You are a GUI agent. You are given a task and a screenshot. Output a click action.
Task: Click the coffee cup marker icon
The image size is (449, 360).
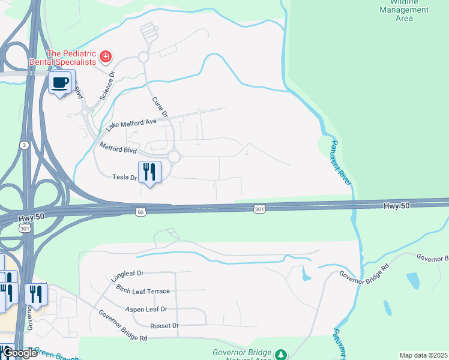pyautogui.click(x=59, y=82)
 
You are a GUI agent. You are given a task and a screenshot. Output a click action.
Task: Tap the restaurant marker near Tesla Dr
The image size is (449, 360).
pyautogui.click(x=149, y=172)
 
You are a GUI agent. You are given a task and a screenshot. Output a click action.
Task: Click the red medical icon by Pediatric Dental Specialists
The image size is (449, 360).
pyautogui.click(x=106, y=57)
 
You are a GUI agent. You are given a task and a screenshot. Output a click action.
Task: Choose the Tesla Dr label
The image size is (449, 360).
pyautogui.click(x=124, y=177)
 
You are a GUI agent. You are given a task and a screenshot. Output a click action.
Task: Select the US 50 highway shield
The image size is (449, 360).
pyautogui.click(x=140, y=212)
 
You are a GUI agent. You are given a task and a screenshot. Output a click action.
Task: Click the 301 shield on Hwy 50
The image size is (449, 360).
pyautogui.click(x=259, y=209)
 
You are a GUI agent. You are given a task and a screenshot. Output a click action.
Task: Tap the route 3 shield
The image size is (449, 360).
pyautogui.click(x=22, y=145)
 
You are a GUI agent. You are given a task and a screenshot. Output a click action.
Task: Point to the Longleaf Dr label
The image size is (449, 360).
pyautogui.click(x=128, y=276)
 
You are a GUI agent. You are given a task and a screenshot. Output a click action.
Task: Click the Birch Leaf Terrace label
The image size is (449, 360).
pyautogui.click(x=143, y=291)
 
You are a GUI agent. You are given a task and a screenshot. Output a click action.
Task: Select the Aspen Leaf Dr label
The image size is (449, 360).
pyautogui.click(x=146, y=309)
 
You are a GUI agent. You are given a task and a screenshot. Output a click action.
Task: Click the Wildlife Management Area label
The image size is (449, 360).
pyautogui.click(x=404, y=10)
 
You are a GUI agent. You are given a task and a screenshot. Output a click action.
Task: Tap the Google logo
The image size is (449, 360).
pyautogui.click(x=19, y=353)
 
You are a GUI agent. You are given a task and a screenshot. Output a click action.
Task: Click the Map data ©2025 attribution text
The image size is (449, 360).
pyautogui.click(x=423, y=355)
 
